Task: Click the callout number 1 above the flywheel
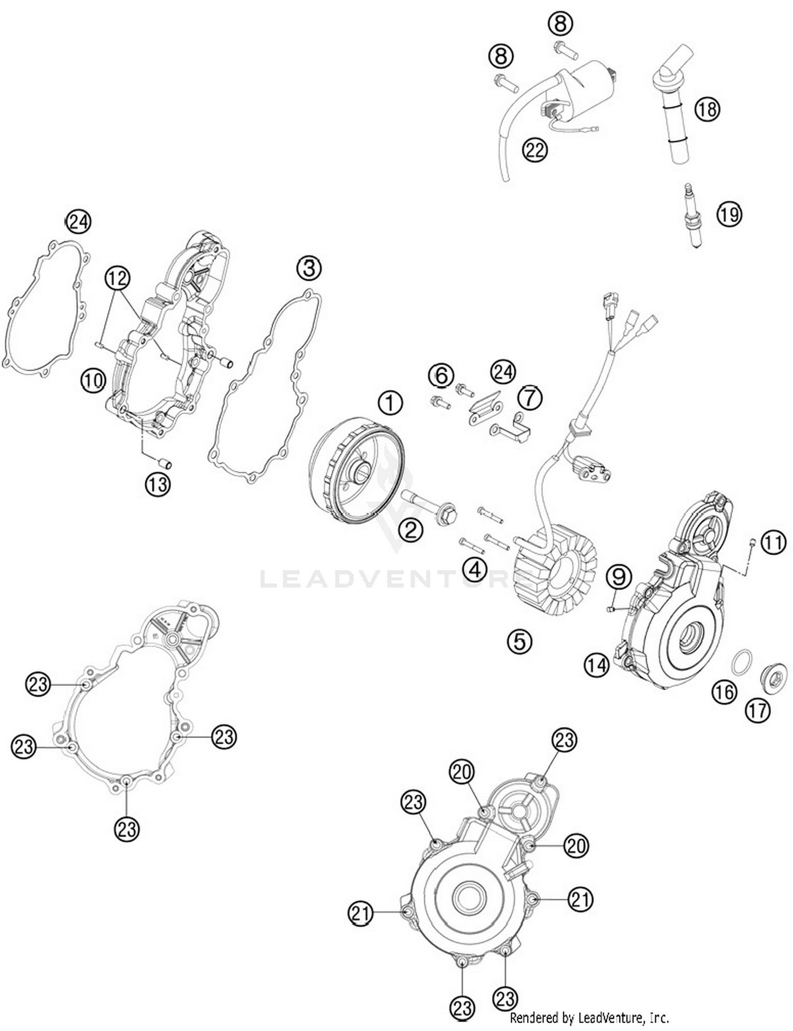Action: tap(390, 404)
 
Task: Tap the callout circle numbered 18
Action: tap(707, 109)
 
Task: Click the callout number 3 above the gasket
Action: tap(309, 268)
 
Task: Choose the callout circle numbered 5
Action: tap(519, 641)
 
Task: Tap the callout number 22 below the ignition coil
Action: tap(534, 150)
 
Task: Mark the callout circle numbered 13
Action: tap(158, 484)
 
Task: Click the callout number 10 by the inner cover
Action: tap(93, 380)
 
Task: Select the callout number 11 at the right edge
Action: tap(773, 543)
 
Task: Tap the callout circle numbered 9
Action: tap(619, 576)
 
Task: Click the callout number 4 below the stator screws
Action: tap(474, 570)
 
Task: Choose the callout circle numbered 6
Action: tap(441, 376)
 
